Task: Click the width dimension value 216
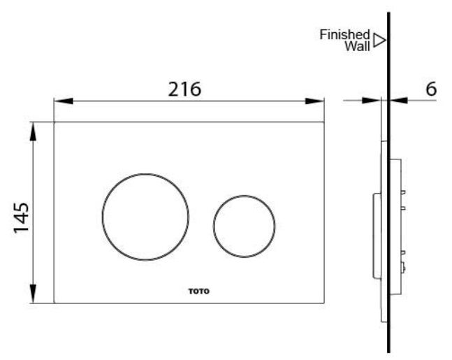pos(184,89)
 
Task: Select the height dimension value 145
pos(20,219)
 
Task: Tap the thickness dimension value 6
pos(430,89)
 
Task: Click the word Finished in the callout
pos(344,34)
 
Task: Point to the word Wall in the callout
pos(357,46)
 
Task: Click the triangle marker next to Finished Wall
pos(379,40)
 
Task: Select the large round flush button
pos(145,217)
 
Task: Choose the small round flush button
pos(244,225)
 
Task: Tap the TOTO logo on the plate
pos(198,291)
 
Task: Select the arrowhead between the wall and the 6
pos(398,101)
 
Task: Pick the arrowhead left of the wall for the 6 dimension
pos(374,101)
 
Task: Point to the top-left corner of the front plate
pos(54,122)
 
